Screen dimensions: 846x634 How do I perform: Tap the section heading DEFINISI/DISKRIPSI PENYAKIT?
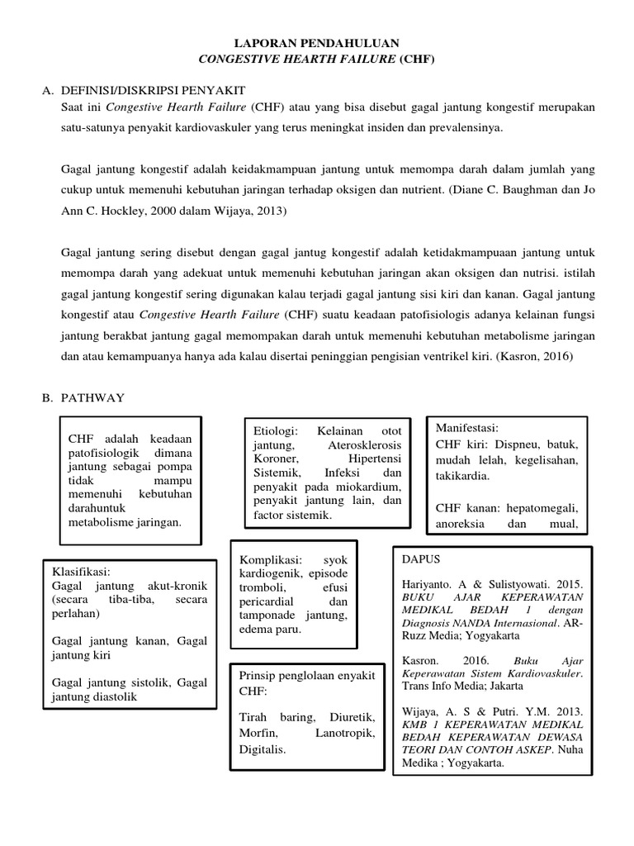point(153,91)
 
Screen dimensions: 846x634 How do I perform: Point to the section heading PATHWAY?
point(92,398)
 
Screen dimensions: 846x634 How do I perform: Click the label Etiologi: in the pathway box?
point(274,431)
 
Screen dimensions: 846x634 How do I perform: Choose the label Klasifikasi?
point(81,571)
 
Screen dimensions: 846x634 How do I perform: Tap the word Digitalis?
point(262,749)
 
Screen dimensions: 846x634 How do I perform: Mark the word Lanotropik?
point(346,734)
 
